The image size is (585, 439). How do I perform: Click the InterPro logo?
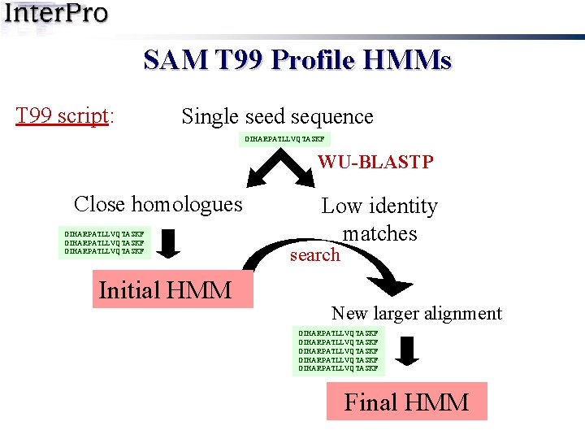(55, 15)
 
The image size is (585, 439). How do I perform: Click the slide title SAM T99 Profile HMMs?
(297, 60)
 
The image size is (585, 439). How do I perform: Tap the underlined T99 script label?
(62, 115)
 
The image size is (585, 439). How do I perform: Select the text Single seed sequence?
(277, 116)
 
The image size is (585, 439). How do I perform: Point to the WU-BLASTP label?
(375, 162)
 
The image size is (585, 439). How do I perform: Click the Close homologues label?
(158, 203)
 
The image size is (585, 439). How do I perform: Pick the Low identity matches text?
(379, 219)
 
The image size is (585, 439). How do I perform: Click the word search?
(314, 254)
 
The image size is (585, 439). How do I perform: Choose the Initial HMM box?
(165, 290)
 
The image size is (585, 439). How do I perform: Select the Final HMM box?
(406, 402)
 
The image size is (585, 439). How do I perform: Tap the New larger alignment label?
(416, 313)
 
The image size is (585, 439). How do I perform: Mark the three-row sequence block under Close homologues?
(105, 242)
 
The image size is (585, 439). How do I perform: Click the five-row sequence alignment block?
(338, 350)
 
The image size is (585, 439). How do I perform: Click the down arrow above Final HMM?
(409, 351)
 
